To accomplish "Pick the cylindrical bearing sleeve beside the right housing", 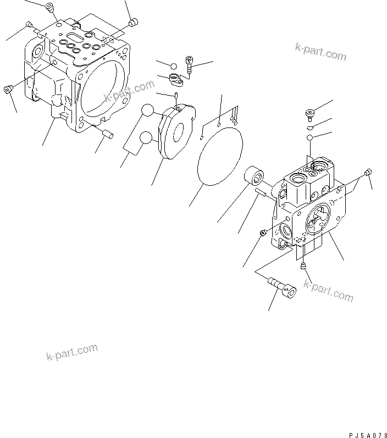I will (x=255, y=177).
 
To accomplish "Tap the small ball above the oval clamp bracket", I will (x=173, y=64).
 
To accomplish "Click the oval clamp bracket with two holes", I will (x=177, y=80).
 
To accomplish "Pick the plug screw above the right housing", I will (x=309, y=114).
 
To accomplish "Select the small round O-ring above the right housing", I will (x=310, y=137).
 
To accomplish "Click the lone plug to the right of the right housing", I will (x=369, y=172).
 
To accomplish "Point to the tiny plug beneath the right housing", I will (x=303, y=267).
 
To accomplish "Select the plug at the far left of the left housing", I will (x=9, y=88).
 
